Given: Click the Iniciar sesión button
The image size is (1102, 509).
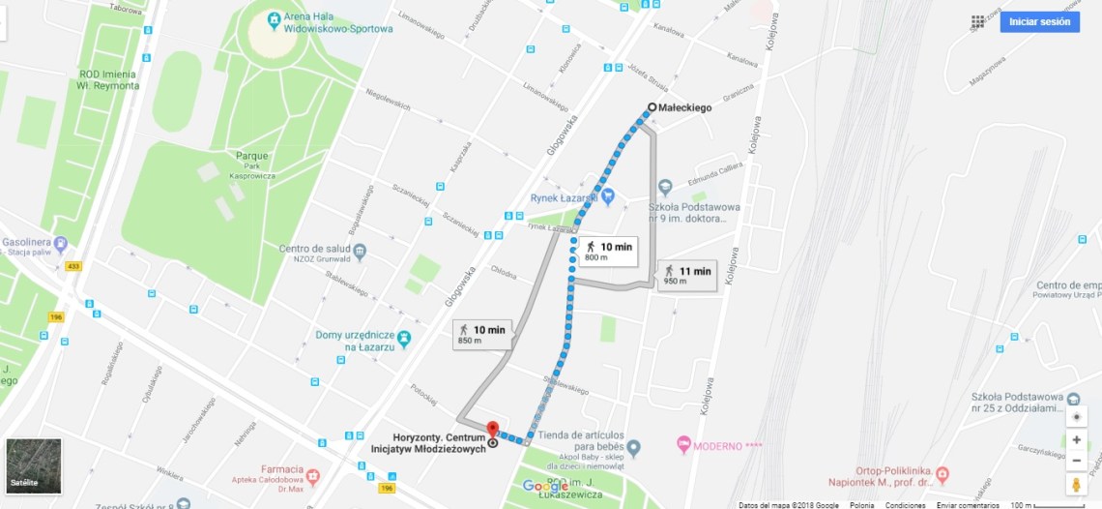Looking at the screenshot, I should pos(1039,21).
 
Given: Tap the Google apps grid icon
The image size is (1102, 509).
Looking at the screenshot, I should pos(978,21).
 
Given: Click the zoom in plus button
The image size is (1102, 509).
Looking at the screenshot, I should pos(1077,439).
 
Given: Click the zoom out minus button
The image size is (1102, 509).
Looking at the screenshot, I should pos(1077,461).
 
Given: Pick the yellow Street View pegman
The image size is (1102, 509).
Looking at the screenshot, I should pos(1077,484).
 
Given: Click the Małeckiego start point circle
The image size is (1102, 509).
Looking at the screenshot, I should pos(652,107).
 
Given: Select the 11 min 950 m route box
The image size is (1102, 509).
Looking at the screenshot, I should pos(686,275).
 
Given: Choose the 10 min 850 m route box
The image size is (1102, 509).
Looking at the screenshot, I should pos(481,334).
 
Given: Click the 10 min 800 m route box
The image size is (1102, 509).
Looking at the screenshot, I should pos(607,251).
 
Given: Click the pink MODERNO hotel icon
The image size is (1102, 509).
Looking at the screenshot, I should pos(684,446).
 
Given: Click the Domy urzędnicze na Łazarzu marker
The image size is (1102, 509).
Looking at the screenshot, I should pos(404,339).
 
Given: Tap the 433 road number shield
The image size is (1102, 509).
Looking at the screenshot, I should pos(72,266).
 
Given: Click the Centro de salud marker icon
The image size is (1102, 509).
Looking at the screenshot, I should pos(360,253).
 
